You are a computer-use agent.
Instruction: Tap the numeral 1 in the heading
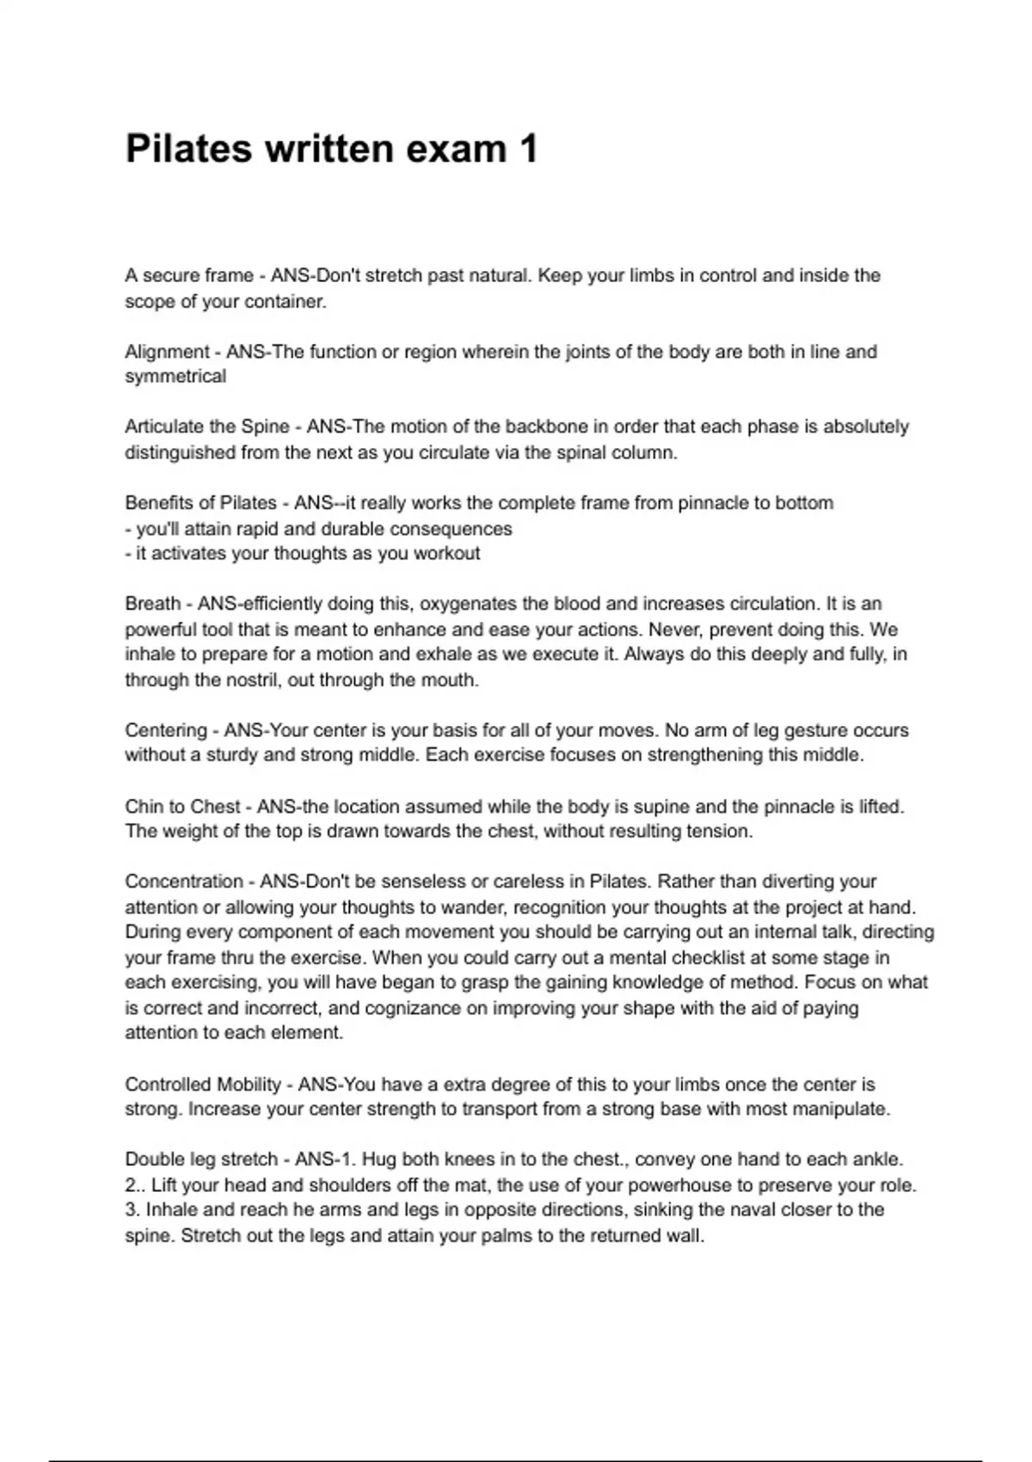click(x=528, y=149)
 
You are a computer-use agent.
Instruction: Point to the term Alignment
click(x=167, y=352)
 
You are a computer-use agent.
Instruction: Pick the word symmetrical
click(x=175, y=377)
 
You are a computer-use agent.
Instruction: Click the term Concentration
click(x=183, y=882)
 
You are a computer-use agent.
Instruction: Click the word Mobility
click(x=249, y=1084)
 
